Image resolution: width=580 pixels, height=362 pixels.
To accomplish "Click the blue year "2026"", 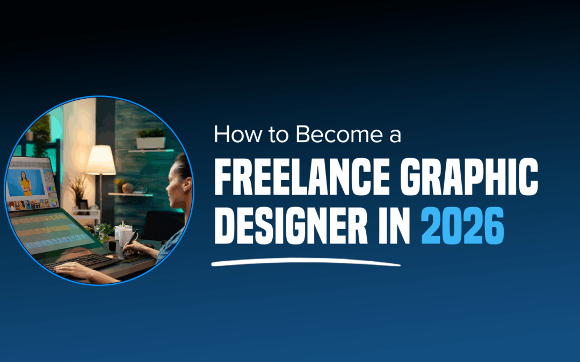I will [x=463, y=226].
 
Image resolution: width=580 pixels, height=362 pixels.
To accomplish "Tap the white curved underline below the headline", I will [x=307, y=263].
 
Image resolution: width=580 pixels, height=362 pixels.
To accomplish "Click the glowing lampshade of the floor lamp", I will [x=101, y=160].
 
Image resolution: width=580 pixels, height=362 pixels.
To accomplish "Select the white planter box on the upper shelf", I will [x=150, y=142].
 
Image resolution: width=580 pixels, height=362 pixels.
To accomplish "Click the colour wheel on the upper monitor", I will [x=54, y=203].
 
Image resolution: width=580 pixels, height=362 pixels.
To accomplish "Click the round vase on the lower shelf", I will [x=127, y=188].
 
